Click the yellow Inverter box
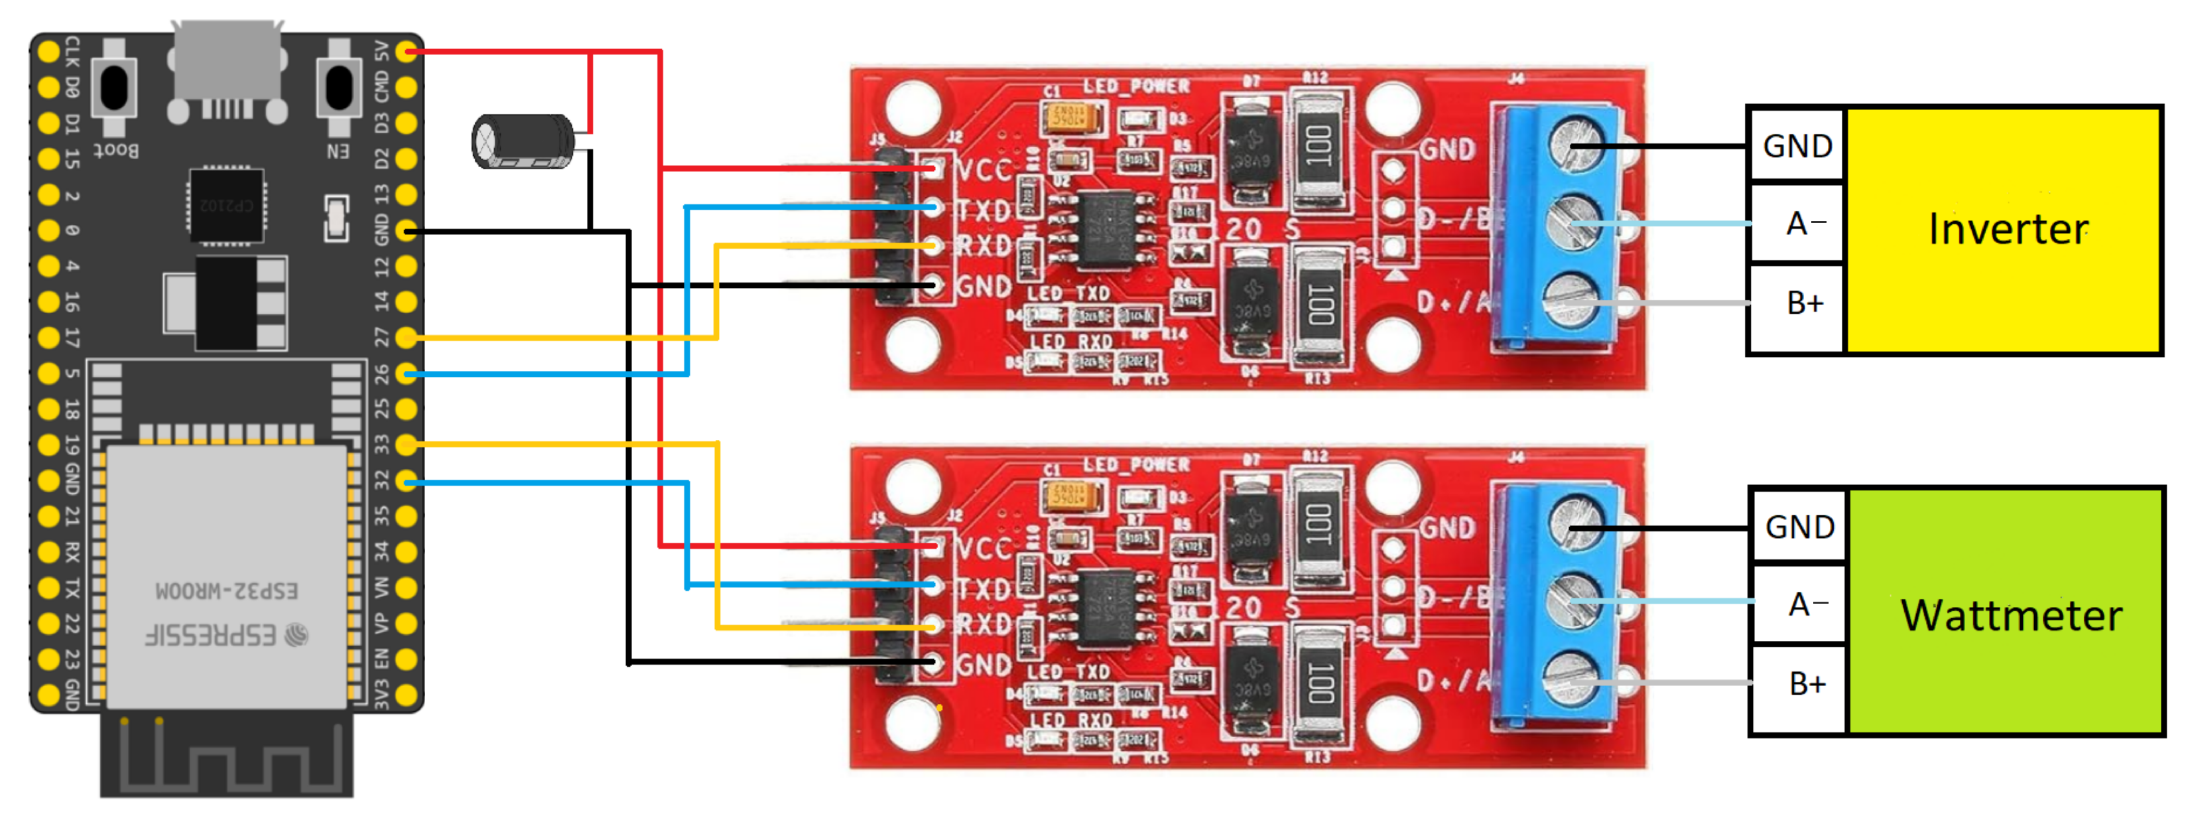pyautogui.click(x=2003, y=229)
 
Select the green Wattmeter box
pyautogui.click(x=2007, y=612)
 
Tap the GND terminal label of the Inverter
pyautogui.click(x=1797, y=146)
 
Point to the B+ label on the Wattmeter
pyautogui.click(x=1806, y=684)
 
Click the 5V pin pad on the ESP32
pyautogui.click(x=407, y=52)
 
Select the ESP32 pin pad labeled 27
pyautogui.click(x=407, y=338)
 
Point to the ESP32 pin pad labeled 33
pyautogui.click(x=407, y=444)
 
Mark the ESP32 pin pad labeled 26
pyautogui.click(x=407, y=374)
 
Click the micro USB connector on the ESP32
pyautogui.click(x=227, y=61)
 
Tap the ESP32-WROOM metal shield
pyautogui.click(x=227, y=577)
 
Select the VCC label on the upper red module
pyautogui.click(x=984, y=170)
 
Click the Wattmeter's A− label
pyautogui.click(x=1807, y=604)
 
